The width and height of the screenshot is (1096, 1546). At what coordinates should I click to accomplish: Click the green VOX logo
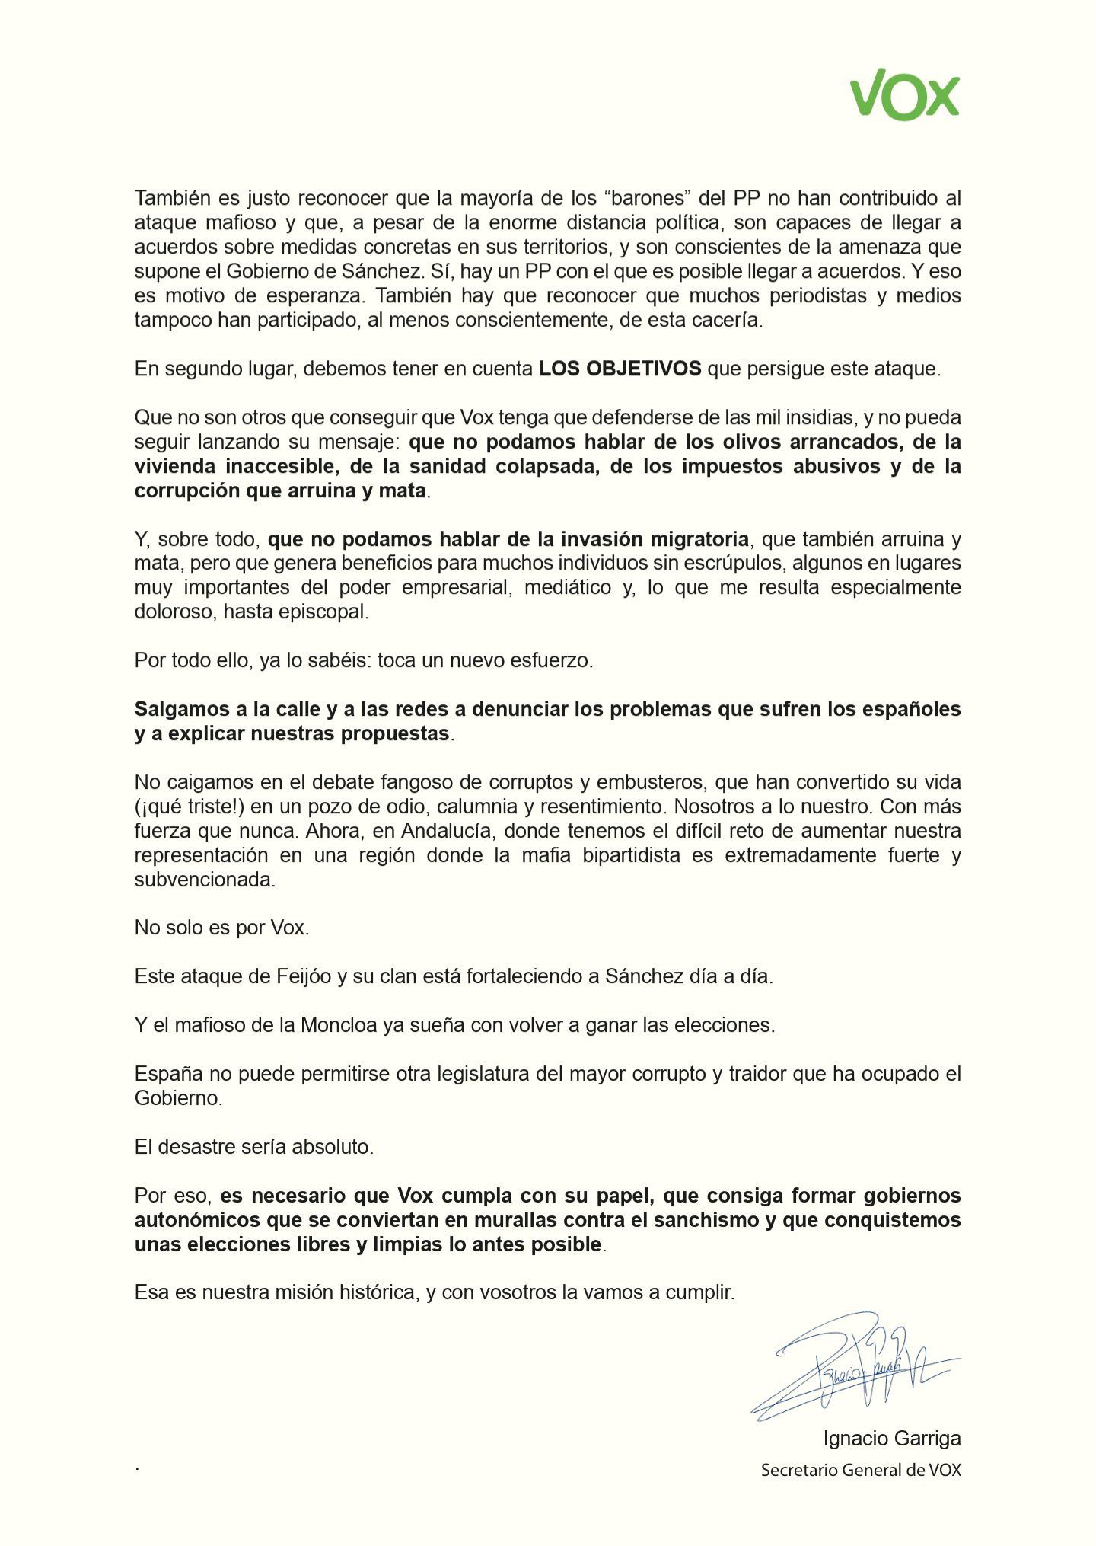(x=904, y=94)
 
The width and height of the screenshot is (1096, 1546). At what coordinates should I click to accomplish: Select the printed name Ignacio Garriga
(x=891, y=1439)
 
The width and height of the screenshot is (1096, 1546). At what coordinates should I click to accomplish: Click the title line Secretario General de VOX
(x=860, y=1470)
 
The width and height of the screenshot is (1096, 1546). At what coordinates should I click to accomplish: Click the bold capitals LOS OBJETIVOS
(x=620, y=369)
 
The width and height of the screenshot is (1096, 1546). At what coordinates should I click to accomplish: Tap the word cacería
(x=727, y=320)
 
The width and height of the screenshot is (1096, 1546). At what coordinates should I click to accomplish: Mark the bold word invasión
(x=603, y=539)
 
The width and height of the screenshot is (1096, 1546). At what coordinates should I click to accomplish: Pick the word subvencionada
(x=204, y=879)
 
